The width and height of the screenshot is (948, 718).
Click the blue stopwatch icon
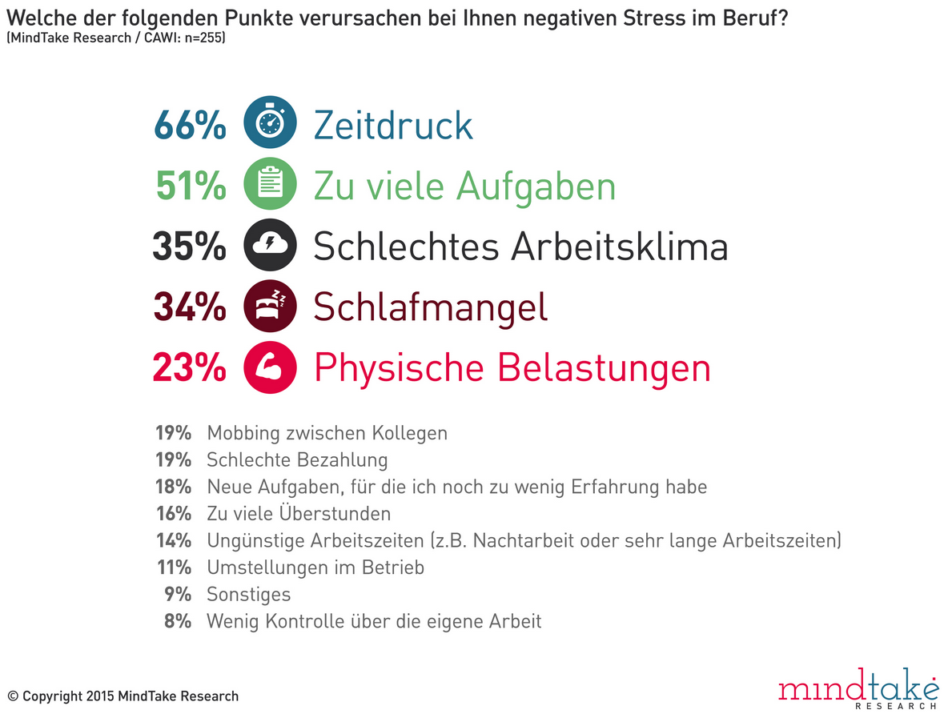tap(270, 125)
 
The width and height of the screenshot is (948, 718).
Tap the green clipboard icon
tap(270, 186)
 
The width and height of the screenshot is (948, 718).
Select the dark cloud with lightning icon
tap(270, 247)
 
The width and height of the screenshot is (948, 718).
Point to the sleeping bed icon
tap(270, 307)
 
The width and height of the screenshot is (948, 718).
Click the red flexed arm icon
tap(270, 367)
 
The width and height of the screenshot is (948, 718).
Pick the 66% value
tap(190, 126)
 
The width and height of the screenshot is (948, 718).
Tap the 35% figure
tap(190, 247)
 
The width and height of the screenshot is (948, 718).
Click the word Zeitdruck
tap(393, 126)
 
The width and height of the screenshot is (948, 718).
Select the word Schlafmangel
tap(430, 307)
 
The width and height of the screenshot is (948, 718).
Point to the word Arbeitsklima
tap(619, 247)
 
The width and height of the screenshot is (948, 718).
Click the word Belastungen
tap(604, 368)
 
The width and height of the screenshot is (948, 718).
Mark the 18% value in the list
tap(173, 487)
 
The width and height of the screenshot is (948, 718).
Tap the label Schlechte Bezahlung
tap(297, 460)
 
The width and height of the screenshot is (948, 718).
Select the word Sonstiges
tap(248, 595)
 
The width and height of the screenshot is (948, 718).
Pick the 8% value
tap(179, 621)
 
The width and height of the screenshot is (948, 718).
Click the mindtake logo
tap(858, 689)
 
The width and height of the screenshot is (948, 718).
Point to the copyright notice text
tap(123, 696)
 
